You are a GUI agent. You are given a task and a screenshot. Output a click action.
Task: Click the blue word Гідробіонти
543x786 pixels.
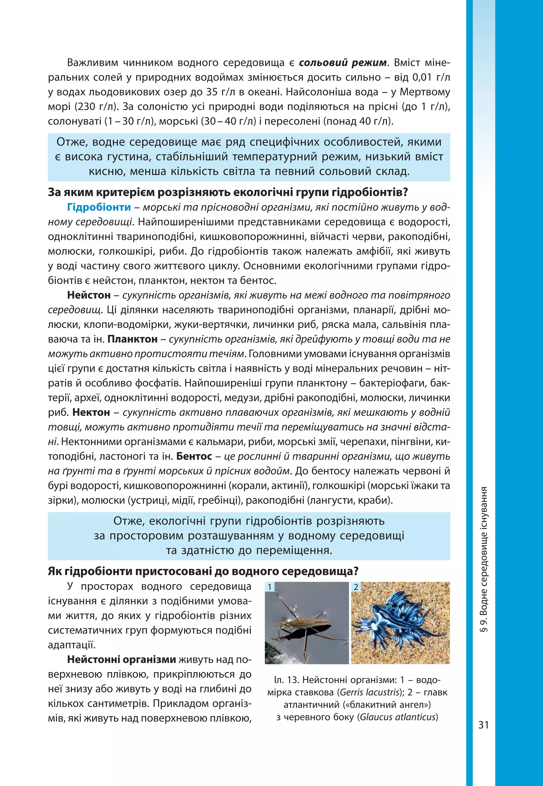click(x=99, y=207)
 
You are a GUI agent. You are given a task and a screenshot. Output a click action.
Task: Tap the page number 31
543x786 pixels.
click(x=483, y=725)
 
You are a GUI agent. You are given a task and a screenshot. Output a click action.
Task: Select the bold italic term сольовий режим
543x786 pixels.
click(x=343, y=63)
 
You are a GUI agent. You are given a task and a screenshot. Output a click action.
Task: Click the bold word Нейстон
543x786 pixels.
click(x=89, y=295)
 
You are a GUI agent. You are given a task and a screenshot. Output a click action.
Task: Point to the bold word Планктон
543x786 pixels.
click(x=132, y=339)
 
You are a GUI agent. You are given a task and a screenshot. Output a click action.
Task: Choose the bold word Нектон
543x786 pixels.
click(x=91, y=412)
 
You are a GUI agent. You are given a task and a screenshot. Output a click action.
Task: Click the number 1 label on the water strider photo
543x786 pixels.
click(x=269, y=587)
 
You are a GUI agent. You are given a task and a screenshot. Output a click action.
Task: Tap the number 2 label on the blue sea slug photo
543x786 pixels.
click(x=356, y=587)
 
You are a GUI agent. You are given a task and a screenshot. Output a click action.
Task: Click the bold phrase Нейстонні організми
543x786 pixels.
click(x=121, y=660)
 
